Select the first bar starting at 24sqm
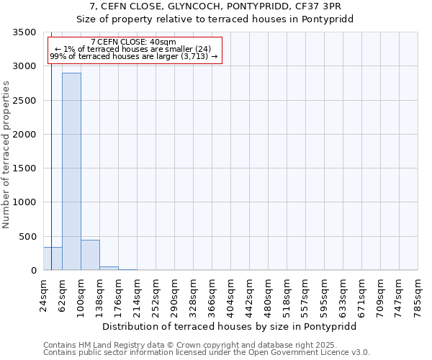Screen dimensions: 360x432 [x=53, y=258]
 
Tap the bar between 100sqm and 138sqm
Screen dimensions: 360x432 [x=90, y=255]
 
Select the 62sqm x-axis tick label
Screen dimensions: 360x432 [x=63, y=294]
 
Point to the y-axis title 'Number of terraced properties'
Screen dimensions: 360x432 [x=7, y=154]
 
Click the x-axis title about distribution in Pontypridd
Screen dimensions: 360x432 [x=230, y=326]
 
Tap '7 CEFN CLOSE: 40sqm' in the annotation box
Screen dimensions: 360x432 [x=134, y=42]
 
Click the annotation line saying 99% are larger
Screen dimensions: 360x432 [x=134, y=56]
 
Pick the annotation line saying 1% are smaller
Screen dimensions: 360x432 [x=134, y=49]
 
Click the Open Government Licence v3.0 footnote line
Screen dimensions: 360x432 [x=207, y=353]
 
